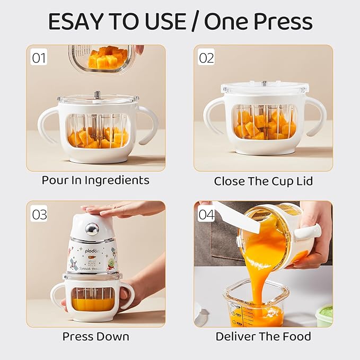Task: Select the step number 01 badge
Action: [x=39, y=58]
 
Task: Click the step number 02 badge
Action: [x=206, y=57]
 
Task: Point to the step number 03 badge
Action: [x=39, y=214]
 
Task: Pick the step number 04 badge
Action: [x=206, y=214]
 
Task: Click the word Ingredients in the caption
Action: [x=117, y=181]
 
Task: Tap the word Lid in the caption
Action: [x=304, y=181]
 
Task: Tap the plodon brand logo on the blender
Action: [x=92, y=251]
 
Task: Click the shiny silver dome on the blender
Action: [x=92, y=228]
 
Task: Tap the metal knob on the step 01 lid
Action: [x=97, y=94]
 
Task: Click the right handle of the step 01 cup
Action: [x=148, y=125]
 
